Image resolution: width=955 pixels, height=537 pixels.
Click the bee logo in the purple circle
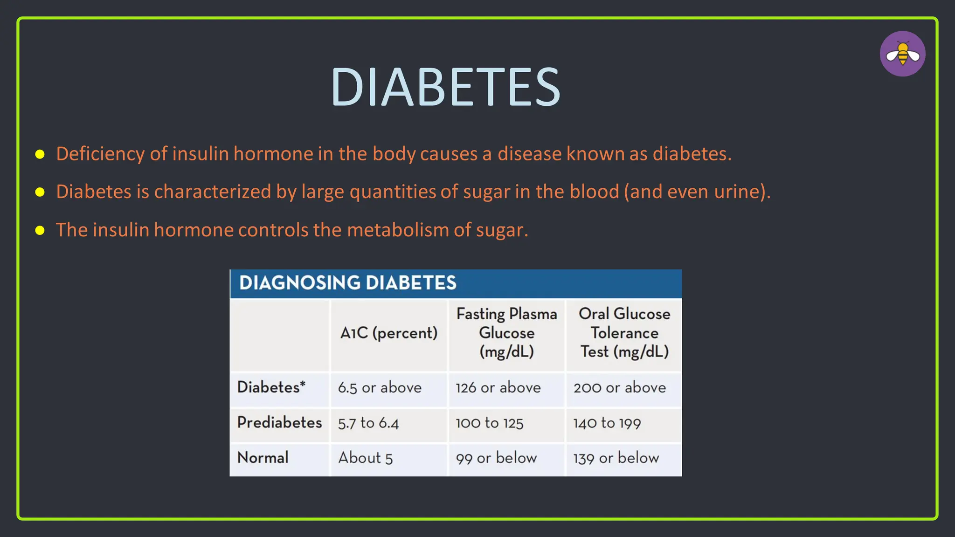[902, 54]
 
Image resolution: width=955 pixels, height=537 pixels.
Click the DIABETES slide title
[445, 87]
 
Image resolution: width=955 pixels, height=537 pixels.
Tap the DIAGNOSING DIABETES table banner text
[347, 283]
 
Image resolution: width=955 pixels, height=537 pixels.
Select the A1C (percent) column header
[389, 333]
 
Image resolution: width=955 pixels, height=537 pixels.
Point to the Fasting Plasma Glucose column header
[506, 333]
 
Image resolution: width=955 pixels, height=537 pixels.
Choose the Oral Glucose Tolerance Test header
[624, 333]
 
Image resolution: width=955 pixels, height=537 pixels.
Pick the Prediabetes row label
[279, 422]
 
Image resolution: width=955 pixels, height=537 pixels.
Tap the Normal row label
[263, 458]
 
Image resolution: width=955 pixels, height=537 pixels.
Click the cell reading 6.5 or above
[380, 388]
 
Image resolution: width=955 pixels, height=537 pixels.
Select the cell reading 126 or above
[498, 388]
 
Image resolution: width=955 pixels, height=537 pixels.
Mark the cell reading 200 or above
[620, 388]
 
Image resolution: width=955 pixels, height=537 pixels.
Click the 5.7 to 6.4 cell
[368, 423]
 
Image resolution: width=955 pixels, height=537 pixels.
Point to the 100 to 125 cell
[490, 423]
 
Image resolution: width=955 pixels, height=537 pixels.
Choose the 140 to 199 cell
[607, 423]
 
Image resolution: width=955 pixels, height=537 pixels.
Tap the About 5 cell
[366, 458]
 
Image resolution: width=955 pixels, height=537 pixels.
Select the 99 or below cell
[496, 458]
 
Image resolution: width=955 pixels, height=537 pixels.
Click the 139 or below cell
[616, 458]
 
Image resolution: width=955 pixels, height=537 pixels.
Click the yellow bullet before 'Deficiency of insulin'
[40, 154]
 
